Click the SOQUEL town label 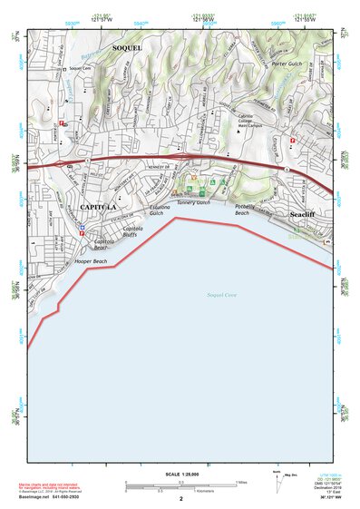(126, 45)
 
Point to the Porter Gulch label (287, 64)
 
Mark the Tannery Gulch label (193, 203)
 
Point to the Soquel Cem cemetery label (82, 68)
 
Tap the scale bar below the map (180, 484)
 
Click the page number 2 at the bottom (180, 498)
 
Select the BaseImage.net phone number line (50, 498)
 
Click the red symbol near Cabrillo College (292, 141)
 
